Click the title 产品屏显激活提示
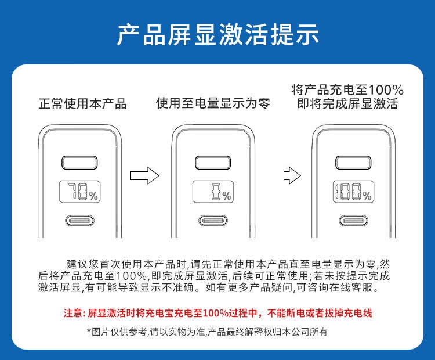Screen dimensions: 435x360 pyautogui.click(x=217, y=34)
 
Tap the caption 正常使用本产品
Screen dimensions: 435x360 pyautogui.click(x=83, y=104)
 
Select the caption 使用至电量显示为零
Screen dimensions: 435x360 pyautogui.click(x=213, y=103)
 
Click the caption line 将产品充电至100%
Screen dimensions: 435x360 pyautogui.click(x=347, y=90)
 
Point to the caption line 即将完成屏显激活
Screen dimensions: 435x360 pyautogui.click(x=347, y=103)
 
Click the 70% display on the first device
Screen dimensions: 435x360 pyautogui.click(x=79, y=192)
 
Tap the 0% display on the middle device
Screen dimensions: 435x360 pyautogui.click(x=213, y=192)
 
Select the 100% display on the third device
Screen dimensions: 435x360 pyautogui.click(x=353, y=192)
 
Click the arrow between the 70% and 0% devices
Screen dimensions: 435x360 pyautogui.click(x=144, y=175)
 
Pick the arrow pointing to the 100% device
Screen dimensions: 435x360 pyautogui.click(x=293, y=175)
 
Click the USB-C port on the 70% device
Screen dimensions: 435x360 pyautogui.click(x=79, y=221)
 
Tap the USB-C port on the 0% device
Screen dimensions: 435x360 pyautogui.click(x=213, y=221)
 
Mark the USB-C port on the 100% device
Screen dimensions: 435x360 pyautogui.click(x=353, y=221)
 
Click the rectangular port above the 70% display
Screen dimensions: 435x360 pyautogui.click(x=79, y=163)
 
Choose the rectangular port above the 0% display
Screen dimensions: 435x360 pyautogui.click(x=213, y=163)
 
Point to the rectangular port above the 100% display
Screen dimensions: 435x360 pyautogui.click(x=353, y=163)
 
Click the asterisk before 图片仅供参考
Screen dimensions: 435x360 pyautogui.click(x=89, y=330)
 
